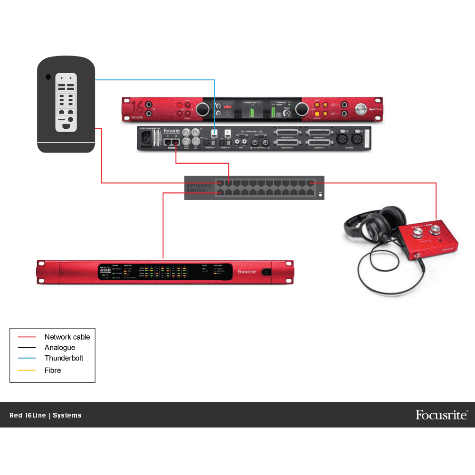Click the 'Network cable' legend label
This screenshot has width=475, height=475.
(67, 337)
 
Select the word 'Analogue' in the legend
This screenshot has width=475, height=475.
(60, 348)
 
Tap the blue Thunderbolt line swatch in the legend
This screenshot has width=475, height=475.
(27, 359)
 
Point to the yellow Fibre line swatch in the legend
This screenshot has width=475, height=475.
(27, 370)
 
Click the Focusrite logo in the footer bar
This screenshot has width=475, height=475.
(441, 415)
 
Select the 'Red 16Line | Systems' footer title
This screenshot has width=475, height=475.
(46, 415)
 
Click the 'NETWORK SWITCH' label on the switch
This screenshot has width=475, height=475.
(197, 188)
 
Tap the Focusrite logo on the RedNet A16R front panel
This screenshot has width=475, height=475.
(247, 272)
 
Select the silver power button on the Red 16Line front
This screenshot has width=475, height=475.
(361, 108)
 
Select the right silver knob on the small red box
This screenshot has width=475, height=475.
(436, 231)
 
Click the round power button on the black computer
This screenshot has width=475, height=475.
(47, 77)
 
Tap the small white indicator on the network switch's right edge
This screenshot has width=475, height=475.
(320, 195)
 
